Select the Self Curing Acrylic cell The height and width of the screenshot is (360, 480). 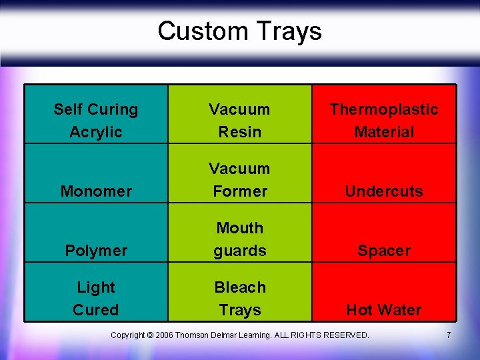(96, 120)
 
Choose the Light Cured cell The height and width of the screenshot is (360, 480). (96, 298)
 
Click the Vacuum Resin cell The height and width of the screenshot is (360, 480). (239, 120)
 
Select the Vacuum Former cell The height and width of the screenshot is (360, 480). (239, 179)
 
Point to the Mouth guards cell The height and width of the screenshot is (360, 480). (239, 239)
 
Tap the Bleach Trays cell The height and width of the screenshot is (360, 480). (239, 298)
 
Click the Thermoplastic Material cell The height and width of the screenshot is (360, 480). (384, 120)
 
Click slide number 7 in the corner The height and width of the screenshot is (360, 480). (449, 335)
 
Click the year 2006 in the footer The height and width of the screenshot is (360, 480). (164, 335)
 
